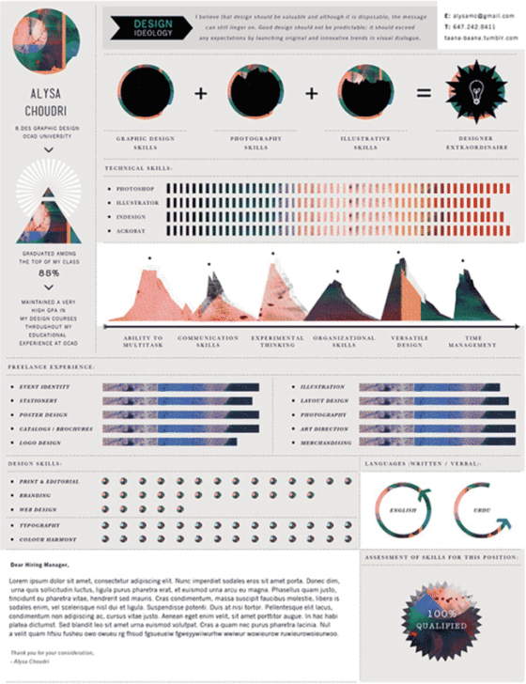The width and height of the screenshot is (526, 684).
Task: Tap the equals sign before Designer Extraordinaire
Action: tap(424, 94)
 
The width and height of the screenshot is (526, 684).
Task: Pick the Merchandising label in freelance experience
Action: tap(327, 442)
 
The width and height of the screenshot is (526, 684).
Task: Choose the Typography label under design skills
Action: tap(41, 525)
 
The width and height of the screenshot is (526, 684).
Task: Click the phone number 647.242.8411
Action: tap(477, 28)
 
